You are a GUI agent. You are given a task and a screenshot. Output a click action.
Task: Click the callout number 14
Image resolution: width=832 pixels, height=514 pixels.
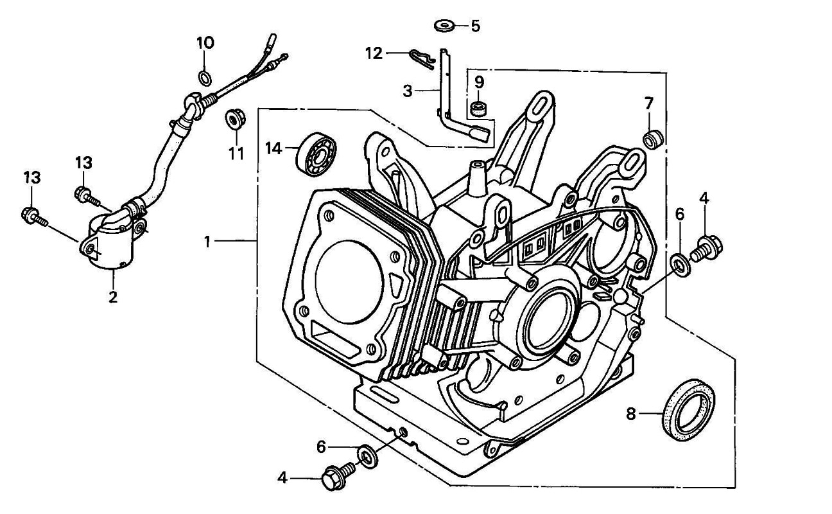click(273, 148)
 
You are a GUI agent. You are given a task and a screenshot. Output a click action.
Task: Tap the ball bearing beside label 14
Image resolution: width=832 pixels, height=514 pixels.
click(315, 153)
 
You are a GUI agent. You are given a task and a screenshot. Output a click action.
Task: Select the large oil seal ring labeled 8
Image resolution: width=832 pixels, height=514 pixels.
click(687, 409)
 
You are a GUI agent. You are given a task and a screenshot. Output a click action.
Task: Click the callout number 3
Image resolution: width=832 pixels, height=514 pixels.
click(408, 91)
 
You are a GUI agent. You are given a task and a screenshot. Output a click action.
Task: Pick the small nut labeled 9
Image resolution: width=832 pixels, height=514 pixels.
click(477, 107)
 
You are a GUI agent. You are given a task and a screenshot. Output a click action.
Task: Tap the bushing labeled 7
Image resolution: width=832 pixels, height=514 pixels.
click(654, 138)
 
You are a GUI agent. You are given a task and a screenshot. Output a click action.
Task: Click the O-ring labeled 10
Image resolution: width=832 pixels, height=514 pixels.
click(205, 78)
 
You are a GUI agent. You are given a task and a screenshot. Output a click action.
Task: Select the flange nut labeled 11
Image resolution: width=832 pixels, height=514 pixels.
click(234, 120)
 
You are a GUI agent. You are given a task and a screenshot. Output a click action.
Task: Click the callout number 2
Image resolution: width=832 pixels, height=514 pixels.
click(113, 297)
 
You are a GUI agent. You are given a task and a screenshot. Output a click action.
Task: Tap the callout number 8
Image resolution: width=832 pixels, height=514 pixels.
click(630, 414)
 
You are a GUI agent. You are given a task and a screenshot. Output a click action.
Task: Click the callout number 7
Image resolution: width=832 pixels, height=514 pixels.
click(649, 103)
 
